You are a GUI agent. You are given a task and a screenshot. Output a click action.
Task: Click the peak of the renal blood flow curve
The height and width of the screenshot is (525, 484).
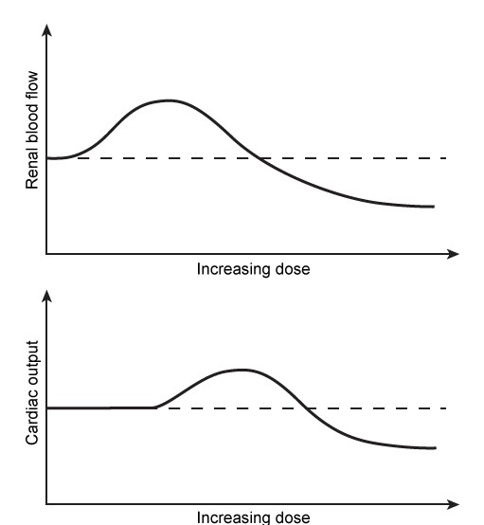pyautogui.click(x=169, y=100)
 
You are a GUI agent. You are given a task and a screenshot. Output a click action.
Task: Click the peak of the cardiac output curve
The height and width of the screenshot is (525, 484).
pyautogui.click(x=242, y=370)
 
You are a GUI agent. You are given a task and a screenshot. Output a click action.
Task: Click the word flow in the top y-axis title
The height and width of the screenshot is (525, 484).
pyautogui.click(x=33, y=84)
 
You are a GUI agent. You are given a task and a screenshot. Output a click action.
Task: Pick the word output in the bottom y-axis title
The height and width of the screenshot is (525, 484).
pyautogui.click(x=33, y=363)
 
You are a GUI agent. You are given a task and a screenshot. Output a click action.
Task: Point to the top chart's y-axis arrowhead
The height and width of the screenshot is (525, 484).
pyautogui.click(x=46, y=31)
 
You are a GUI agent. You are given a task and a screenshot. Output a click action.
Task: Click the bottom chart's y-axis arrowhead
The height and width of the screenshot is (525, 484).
pyautogui.click(x=46, y=296)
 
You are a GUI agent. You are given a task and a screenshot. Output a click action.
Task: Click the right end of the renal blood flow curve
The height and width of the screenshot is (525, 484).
pyautogui.click(x=433, y=207)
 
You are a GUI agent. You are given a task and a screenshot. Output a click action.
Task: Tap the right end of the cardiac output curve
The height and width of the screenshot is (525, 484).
pyautogui.click(x=434, y=448)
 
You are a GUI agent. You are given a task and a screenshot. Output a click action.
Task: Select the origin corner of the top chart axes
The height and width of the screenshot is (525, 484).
pyautogui.click(x=46, y=254)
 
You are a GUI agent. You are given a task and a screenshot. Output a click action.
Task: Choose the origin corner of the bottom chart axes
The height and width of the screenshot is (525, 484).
pyautogui.click(x=46, y=503)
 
